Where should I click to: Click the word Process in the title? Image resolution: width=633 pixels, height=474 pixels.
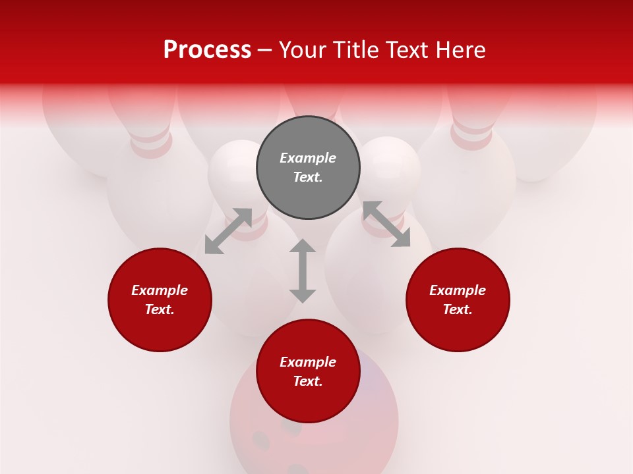point(207,50)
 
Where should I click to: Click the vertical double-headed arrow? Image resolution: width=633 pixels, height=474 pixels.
point(303,271)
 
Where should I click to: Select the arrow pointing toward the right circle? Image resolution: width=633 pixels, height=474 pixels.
point(386,224)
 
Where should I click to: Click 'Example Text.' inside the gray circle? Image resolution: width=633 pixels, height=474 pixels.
point(308,167)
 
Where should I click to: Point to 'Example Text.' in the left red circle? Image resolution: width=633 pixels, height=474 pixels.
point(160,300)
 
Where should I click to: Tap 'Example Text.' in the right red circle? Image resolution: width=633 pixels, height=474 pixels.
point(458,300)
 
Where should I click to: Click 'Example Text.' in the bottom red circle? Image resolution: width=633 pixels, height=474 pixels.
point(308,371)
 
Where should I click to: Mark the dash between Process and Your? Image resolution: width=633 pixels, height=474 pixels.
point(265,50)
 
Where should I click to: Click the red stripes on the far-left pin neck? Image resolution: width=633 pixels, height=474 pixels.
point(152,144)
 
